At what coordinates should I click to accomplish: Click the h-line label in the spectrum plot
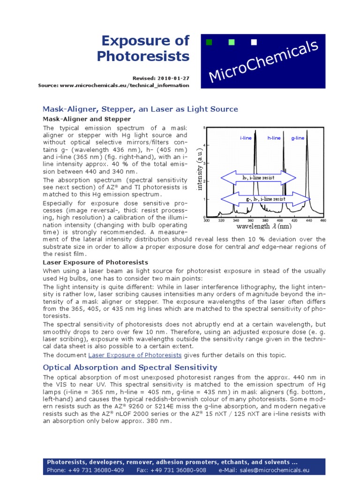coord(274,138)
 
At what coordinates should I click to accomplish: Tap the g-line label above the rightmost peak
coord(298,138)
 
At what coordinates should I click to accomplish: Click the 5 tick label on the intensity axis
coord(204,127)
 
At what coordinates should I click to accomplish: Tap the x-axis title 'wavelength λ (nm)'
coord(264,227)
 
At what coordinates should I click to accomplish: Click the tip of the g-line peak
coord(309,130)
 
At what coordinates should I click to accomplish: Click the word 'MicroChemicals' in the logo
coord(263,61)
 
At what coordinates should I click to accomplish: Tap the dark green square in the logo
coord(209,43)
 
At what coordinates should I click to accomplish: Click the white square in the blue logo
coord(254,43)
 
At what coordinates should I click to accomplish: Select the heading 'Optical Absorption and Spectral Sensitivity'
coord(130,367)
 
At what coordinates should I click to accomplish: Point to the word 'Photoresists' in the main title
coord(143,56)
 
